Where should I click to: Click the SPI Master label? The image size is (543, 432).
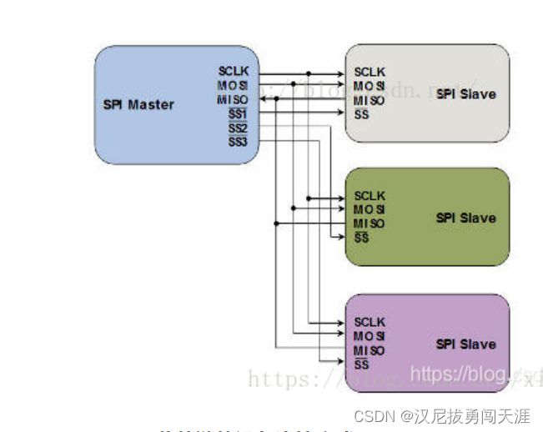pyautogui.click(x=138, y=105)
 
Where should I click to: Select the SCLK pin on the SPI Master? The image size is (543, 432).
pyautogui.click(x=234, y=72)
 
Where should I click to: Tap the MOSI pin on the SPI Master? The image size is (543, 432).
pyautogui.click(x=234, y=86)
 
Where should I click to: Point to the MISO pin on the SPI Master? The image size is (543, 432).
pyautogui.click(x=234, y=100)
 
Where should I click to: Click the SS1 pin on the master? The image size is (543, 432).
pyautogui.click(x=238, y=114)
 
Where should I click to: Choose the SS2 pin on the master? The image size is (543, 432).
pyautogui.click(x=238, y=128)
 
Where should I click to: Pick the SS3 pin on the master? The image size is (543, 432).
pyautogui.click(x=238, y=143)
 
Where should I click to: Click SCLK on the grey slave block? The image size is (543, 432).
pyautogui.click(x=370, y=72)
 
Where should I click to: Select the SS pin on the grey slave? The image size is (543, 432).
pyautogui.click(x=361, y=114)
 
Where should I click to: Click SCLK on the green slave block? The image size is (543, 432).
pyautogui.click(x=370, y=196)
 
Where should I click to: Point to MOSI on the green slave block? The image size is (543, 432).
pyautogui.click(x=370, y=209)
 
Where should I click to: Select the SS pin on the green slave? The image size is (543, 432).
pyautogui.click(x=361, y=239)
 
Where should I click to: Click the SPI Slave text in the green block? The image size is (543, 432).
pyautogui.click(x=465, y=219)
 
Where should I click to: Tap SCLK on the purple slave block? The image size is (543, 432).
pyautogui.click(x=370, y=322)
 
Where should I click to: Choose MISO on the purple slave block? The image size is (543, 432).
pyautogui.click(x=370, y=350)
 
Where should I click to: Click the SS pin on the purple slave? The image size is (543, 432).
pyautogui.click(x=361, y=364)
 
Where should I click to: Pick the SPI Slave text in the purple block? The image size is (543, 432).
pyautogui.click(x=465, y=344)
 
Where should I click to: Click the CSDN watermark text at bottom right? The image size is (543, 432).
pyautogui.click(x=442, y=415)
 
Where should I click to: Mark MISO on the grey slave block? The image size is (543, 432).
pyautogui.click(x=370, y=100)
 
